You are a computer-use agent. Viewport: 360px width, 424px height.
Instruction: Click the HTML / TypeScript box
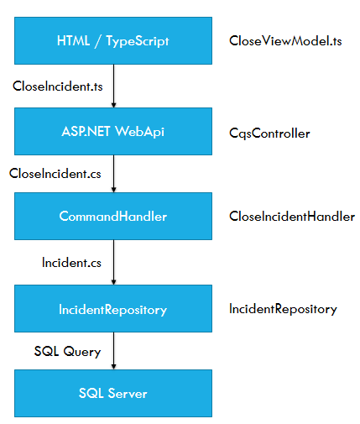pos(113,41)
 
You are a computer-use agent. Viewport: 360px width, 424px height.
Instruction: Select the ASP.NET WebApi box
pos(113,131)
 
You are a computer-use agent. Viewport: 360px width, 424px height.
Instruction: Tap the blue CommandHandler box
pos(113,216)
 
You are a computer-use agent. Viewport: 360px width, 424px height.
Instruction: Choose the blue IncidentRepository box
pos(113,309)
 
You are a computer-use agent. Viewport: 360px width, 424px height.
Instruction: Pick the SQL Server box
pos(113,393)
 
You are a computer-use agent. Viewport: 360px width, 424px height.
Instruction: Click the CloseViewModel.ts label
pos(285,41)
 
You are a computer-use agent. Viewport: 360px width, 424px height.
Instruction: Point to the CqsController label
pos(269,133)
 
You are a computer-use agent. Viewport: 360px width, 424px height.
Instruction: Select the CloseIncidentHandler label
pos(292,217)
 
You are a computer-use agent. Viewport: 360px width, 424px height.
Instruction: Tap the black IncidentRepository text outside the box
pos(283,309)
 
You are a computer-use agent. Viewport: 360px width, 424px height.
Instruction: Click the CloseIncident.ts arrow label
pos(58,86)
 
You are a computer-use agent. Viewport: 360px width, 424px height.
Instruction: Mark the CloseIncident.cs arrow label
pos(55,174)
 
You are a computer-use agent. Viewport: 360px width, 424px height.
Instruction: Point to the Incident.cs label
pos(71,263)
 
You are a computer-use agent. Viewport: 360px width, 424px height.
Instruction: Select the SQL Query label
pos(67,352)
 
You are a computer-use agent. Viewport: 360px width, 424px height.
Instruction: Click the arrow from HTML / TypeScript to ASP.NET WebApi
pos(113,86)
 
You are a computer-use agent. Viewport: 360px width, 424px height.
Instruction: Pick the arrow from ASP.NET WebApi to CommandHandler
pos(113,174)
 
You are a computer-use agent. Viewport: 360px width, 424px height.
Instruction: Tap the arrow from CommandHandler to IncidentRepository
pos(113,263)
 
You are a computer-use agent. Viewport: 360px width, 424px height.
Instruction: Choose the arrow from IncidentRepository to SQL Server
pos(113,351)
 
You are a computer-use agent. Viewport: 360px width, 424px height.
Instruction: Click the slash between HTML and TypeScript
pos(97,41)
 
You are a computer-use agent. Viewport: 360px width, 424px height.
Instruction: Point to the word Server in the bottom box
pos(128,393)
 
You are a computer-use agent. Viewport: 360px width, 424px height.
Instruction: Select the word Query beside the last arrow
pos(81,352)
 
